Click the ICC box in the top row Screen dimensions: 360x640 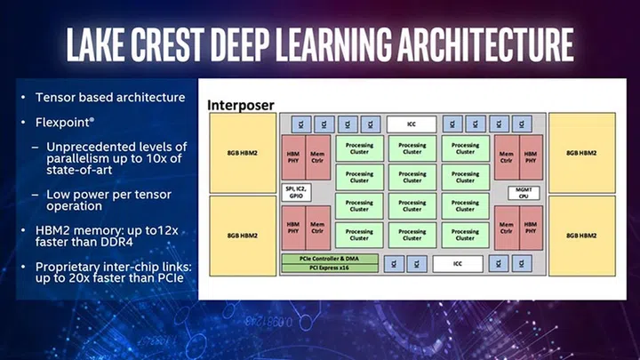[411, 124]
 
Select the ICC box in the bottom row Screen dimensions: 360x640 [458, 264]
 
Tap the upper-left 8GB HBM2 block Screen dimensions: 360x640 [242, 152]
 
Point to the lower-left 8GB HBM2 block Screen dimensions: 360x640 [242, 235]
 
